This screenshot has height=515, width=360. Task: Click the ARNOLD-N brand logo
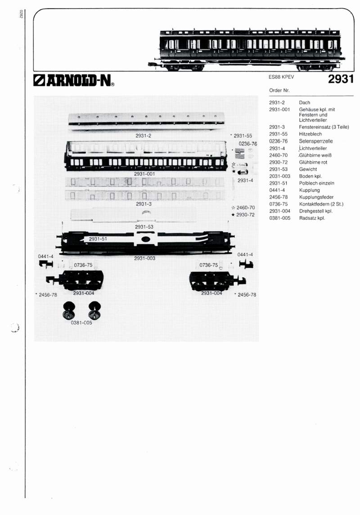[74, 80]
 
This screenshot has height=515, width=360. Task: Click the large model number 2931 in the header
[341, 79]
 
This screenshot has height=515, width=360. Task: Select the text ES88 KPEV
[281, 77]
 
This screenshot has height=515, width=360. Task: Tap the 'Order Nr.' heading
[279, 90]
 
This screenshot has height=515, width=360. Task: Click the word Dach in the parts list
[305, 103]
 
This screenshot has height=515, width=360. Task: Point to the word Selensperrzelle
[316, 141]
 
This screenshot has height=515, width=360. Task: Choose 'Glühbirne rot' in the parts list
[313, 162]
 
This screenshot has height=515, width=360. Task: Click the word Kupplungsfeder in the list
[316, 197]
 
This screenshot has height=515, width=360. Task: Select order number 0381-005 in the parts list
[279, 218]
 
